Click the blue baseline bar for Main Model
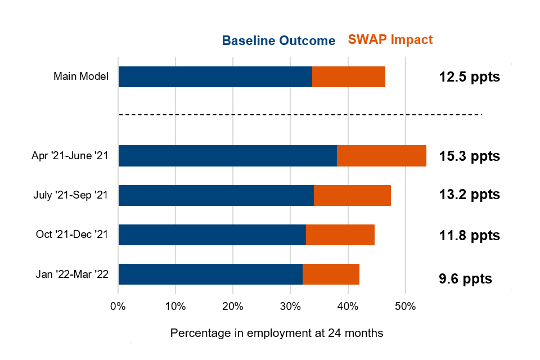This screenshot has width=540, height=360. coord(215,77)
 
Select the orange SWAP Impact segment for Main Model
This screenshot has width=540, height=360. coord(349,77)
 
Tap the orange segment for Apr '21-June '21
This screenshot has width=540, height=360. coord(381,156)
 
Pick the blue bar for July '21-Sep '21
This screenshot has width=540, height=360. coord(216,195)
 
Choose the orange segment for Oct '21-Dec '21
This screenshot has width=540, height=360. coord(340,235)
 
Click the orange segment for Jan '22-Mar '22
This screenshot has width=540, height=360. coord(331,274)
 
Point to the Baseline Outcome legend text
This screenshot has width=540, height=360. coord(278,40)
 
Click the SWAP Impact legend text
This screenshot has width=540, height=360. coord(390,39)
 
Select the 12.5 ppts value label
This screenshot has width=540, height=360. coord(469,77)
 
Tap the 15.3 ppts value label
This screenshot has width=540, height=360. coord(469,156)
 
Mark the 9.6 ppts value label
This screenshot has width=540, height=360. coord(465,278)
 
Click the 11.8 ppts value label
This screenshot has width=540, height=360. coord(469,235)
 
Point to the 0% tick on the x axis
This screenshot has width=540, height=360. coord(118,307)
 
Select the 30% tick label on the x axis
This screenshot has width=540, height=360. coord(290,307)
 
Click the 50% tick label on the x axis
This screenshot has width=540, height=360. coord(405,307)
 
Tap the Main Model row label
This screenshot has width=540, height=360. coord(80,76)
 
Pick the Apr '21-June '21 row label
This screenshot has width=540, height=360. coord(70,156)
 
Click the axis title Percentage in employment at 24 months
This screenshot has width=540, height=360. coord(276,333)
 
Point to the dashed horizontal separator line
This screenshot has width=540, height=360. coord(300,115)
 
